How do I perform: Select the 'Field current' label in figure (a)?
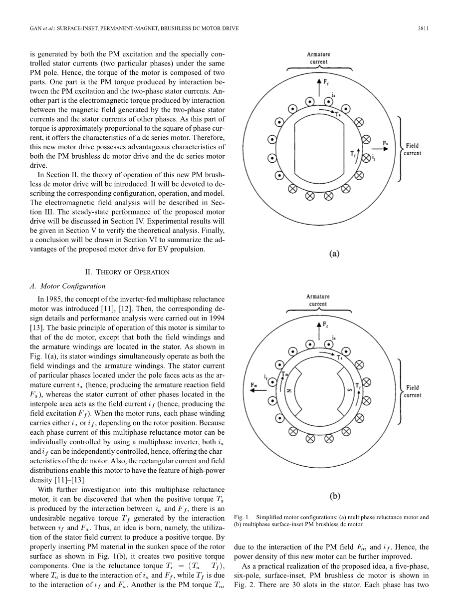tap(413, 149)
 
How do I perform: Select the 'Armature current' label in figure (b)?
tap(318, 300)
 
